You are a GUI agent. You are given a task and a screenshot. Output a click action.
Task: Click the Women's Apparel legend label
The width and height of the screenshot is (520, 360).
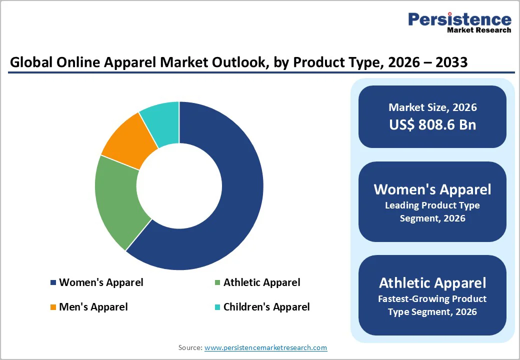(101, 282)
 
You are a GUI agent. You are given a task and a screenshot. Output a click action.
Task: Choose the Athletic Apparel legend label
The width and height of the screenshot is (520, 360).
(261, 282)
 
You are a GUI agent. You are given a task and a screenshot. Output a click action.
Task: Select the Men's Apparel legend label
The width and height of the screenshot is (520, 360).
(93, 307)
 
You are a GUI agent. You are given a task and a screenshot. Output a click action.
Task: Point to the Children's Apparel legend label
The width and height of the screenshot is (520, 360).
(266, 307)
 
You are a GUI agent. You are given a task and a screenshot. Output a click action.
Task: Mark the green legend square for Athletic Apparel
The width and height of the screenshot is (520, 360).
(217, 283)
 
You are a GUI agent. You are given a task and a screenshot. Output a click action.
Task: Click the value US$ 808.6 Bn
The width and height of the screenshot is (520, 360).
(432, 124)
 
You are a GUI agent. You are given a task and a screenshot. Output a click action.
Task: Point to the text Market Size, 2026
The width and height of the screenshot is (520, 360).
(432, 107)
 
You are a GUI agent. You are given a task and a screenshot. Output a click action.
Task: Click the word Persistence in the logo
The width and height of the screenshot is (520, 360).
(459, 19)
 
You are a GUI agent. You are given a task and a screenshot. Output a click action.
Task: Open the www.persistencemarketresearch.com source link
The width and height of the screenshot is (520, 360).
(265, 347)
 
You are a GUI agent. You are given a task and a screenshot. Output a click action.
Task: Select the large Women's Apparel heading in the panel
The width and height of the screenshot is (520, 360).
(432, 189)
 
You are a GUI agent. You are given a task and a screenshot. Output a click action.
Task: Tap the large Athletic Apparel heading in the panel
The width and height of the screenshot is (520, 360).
(432, 283)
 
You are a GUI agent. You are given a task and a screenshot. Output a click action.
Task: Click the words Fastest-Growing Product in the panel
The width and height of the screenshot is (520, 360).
(432, 299)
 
